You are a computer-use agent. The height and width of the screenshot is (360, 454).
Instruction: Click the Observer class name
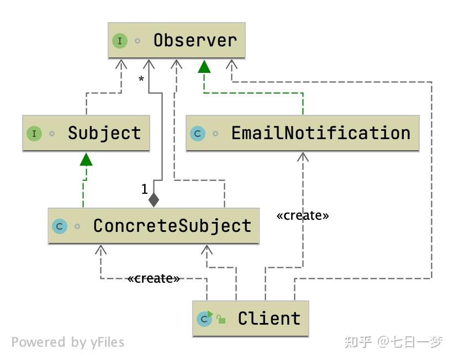(x=195, y=40)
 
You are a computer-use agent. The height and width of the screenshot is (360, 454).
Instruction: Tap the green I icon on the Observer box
(x=120, y=41)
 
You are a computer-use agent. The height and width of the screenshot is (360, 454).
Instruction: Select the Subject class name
(x=104, y=133)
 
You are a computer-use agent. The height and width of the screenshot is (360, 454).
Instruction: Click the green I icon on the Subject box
(x=34, y=134)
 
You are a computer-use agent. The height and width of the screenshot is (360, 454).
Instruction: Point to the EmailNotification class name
(x=320, y=133)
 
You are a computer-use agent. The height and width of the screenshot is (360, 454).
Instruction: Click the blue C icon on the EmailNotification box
(x=197, y=134)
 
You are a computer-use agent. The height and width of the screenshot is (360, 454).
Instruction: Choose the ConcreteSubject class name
(x=172, y=226)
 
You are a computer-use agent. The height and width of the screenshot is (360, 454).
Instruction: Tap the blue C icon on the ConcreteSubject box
(x=59, y=226)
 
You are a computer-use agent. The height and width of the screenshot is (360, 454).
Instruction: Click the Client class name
(x=269, y=319)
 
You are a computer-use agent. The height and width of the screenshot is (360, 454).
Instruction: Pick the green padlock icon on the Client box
(x=221, y=320)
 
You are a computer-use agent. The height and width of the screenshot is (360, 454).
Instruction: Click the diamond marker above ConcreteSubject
(x=154, y=199)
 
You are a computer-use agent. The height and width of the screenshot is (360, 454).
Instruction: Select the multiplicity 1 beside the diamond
(x=144, y=189)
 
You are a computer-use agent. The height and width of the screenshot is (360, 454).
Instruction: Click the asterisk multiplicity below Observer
(x=141, y=80)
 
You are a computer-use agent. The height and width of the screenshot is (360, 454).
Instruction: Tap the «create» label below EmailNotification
(x=302, y=215)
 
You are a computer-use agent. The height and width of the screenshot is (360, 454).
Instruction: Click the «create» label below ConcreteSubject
(x=153, y=279)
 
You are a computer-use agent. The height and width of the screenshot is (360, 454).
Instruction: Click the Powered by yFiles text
(x=67, y=342)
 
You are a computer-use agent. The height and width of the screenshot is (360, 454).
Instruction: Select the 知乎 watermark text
(x=358, y=342)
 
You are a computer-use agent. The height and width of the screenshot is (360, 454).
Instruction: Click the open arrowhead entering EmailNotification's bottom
(x=302, y=157)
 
